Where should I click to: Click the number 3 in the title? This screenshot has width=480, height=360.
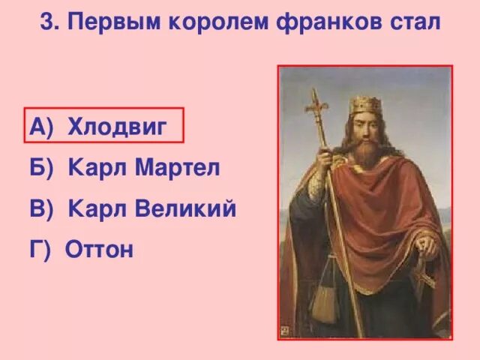point(47,22)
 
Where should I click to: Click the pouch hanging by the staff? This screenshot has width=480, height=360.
point(325,300)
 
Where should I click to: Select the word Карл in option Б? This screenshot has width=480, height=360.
point(94,168)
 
